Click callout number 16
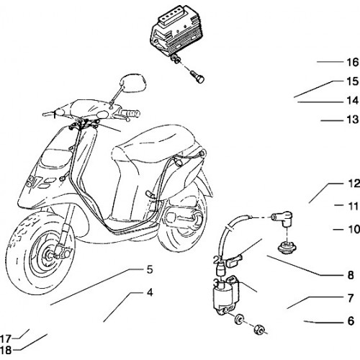point(353,63)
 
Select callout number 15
point(353,81)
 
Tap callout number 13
point(353,120)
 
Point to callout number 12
point(354,184)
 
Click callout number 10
point(354,229)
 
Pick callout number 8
point(351,275)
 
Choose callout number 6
point(351,321)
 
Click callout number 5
point(150,269)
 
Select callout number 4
point(150,292)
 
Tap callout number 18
point(6,350)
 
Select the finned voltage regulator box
point(176,31)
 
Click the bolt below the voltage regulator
point(197,76)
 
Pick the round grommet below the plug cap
point(287,247)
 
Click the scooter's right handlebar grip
point(130,113)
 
